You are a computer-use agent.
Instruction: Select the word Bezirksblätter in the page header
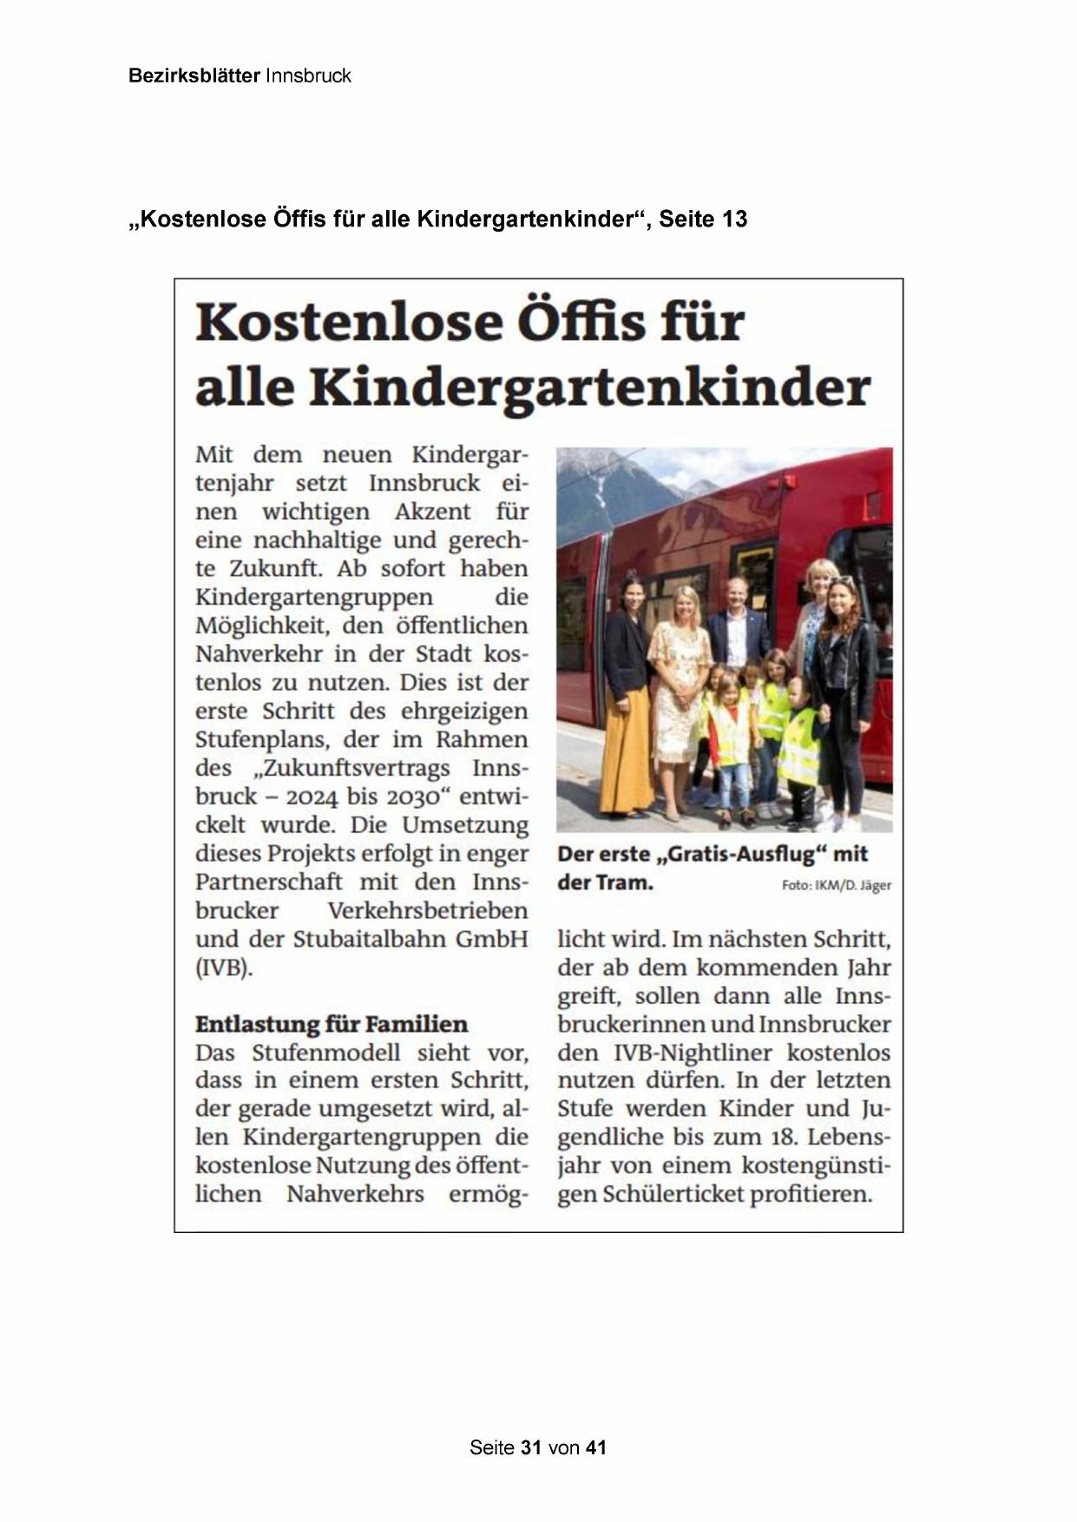[x=194, y=75]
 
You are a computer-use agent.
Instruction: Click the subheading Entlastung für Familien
[x=331, y=1024]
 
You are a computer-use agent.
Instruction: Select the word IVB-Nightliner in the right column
[x=693, y=1053]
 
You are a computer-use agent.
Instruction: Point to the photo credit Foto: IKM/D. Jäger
[x=836, y=886]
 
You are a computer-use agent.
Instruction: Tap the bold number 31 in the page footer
[x=531, y=1447]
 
